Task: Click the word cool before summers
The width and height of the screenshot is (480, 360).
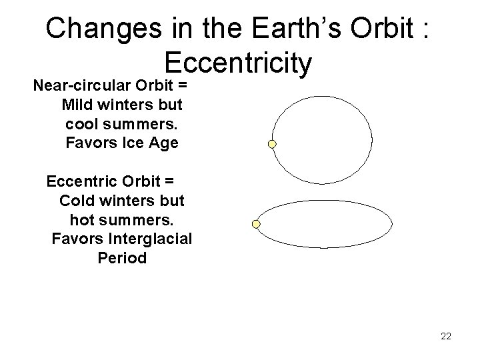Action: coord(82,124)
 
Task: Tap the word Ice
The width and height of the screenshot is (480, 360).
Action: coord(132,143)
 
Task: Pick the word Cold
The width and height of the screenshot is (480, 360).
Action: coord(80,200)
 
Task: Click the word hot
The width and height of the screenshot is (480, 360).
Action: coord(83,219)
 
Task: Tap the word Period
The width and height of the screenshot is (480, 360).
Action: coord(121,257)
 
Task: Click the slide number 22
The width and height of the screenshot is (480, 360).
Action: coord(446,336)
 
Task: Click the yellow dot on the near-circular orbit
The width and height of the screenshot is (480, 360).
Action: coord(272,143)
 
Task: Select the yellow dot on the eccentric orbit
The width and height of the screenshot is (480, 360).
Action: coord(255,225)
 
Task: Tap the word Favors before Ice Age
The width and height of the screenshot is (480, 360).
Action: coord(91,143)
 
